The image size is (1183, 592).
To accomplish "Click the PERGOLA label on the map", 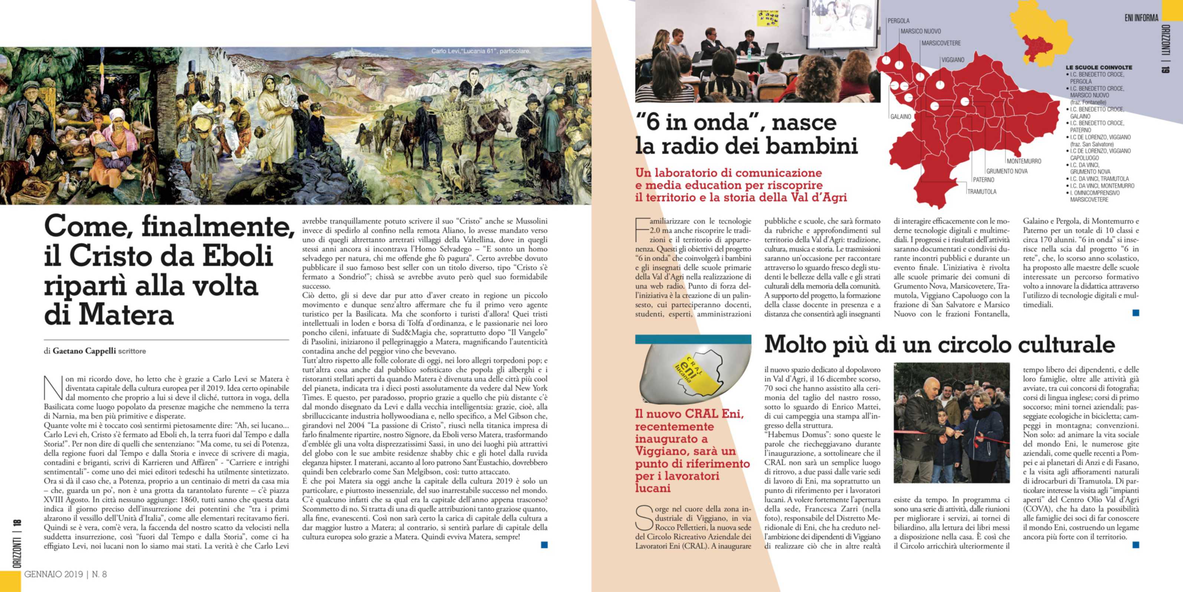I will tap(898, 21).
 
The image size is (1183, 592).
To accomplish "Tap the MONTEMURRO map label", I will tap(1024, 161).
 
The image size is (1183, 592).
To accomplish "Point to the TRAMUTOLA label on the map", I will tap(982, 192).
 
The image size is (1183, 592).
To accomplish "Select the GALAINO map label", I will tap(901, 117).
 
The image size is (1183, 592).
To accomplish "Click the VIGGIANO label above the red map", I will tap(953, 60).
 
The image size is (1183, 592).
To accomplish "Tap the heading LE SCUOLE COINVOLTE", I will tap(1099, 68).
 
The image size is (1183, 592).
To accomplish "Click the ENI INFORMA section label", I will tap(1141, 18).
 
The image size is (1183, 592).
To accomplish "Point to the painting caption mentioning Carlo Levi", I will tap(481, 51).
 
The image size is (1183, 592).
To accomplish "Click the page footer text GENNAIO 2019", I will tap(54, 574).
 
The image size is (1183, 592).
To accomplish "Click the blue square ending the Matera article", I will tap(544, 545).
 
